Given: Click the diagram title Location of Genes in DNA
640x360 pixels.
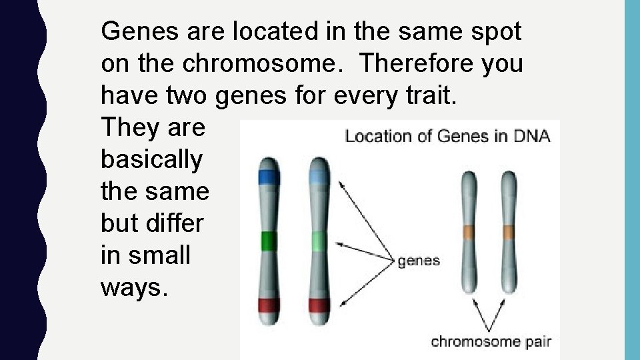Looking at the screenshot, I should pyautogui.click(x=447, y=137).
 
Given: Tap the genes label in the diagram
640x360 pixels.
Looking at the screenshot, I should pyautogui.click(x=419, y=260).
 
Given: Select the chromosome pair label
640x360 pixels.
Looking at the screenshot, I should pyautogui.click(x=491, y=341).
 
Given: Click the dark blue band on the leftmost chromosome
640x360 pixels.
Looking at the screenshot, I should pyautogui.click(x=269, y=177).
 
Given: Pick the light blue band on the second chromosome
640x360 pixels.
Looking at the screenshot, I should pyautogui.click(x=319, y=177).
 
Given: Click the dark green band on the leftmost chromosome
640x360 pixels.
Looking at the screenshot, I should pyautogui.click(x=269, y=241).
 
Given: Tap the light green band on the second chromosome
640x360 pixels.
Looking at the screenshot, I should pyautogui.click(x=319, y=241).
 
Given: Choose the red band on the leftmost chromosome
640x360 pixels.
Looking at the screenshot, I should pyautogui.click(x=269, y=305).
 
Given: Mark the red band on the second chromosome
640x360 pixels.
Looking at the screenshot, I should pyautogui.click(x=319, y=305).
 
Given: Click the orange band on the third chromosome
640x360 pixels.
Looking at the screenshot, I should pyautogui.click(x=469, y=233).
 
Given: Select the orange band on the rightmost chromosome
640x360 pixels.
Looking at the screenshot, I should pyautogui.click(x=508, y=233).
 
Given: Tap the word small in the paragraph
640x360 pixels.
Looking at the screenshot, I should pyautogui.click(x=158, y=255).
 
